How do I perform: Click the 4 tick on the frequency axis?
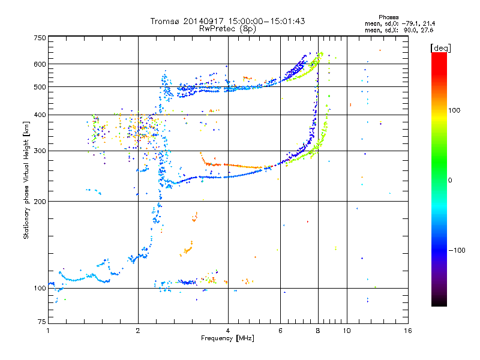pyautogui.click(x=228, y=331)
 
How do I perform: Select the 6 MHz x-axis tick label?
pyautogui.click(x=280, y=331)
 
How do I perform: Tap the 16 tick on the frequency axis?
pyautogui.click(x=407, y=331)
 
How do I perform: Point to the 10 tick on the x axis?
pyautogui.click(x=347, y=331)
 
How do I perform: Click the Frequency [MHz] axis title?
pyautogui.click(x=227, y=339)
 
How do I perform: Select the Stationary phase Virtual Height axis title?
pyautogui.click(x=27, y=181)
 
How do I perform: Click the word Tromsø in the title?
pyautogui.click(x=165, y=22)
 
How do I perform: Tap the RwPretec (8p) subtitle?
pyautogui.click(x=227, y=29)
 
